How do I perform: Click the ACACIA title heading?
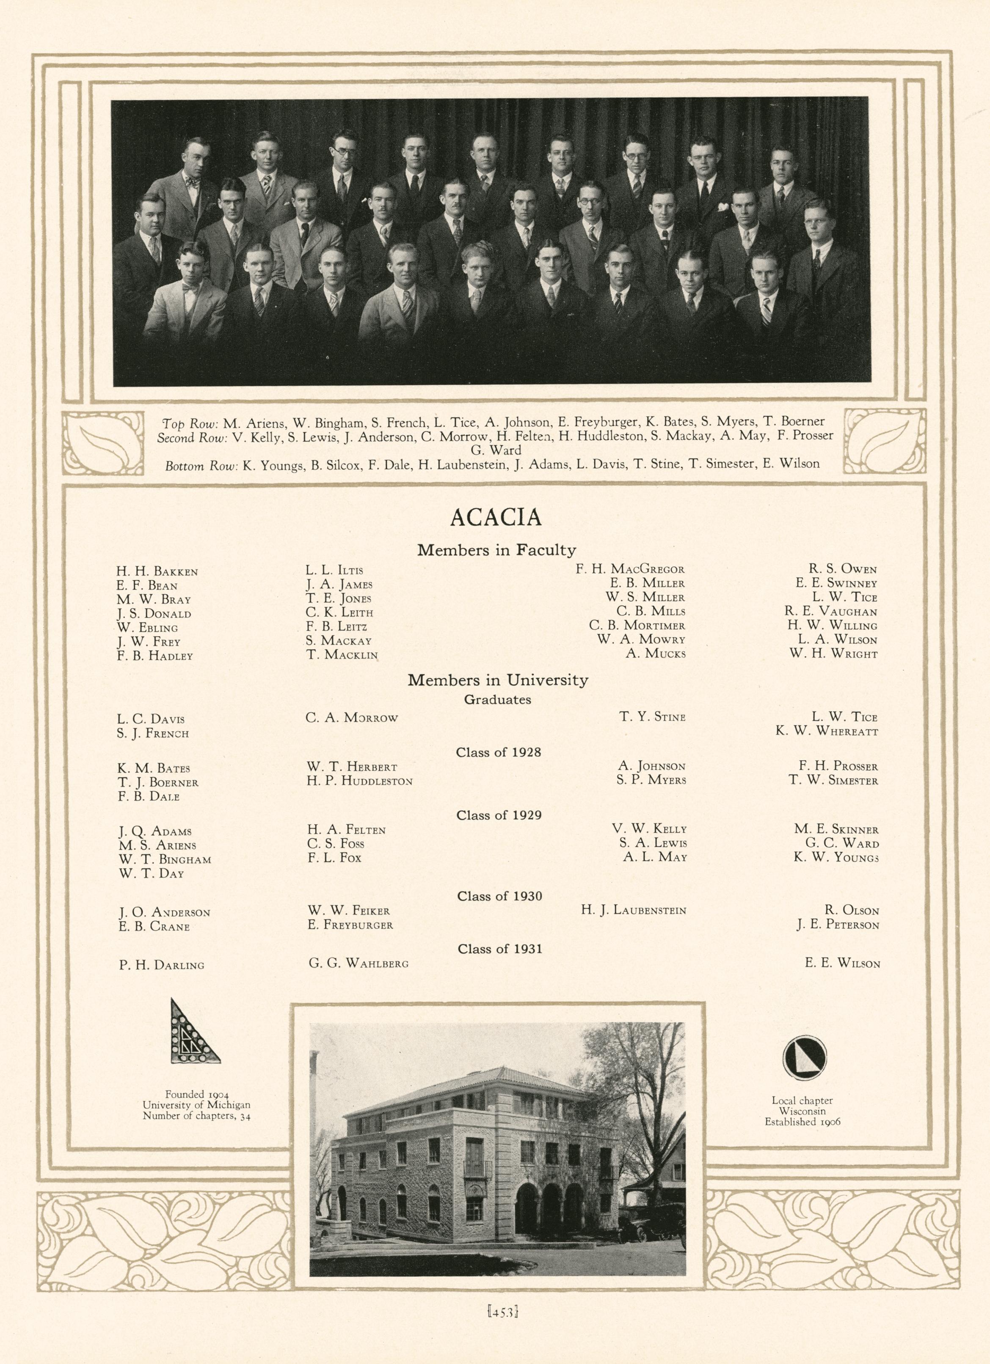coord(496,517)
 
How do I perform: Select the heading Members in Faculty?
coord(496,550)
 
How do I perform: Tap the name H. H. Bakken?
coord(157,571)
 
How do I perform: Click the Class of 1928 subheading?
coord(498,752)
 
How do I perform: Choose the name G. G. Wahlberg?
coord(358,963)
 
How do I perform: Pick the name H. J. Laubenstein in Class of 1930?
coord(633,911)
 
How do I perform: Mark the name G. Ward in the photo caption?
coord(496,450)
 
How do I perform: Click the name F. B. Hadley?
coord(154,656)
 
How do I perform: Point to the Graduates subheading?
coord(497,700)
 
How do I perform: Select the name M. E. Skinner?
coord(836,830)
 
